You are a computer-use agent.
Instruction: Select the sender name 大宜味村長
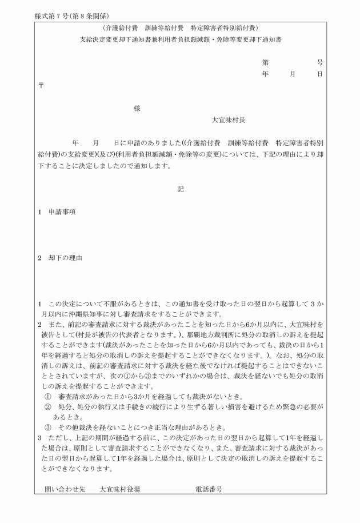pos(229,121)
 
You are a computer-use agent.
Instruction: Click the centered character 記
pos(181,189)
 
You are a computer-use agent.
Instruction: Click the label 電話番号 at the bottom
pos(209,489)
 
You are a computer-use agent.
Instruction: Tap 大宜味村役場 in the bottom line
pos(120,489)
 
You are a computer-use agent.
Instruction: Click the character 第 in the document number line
pos(265,62)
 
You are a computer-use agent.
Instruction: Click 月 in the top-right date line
pos(293,74)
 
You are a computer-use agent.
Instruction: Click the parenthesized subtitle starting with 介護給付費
pos(181,27)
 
